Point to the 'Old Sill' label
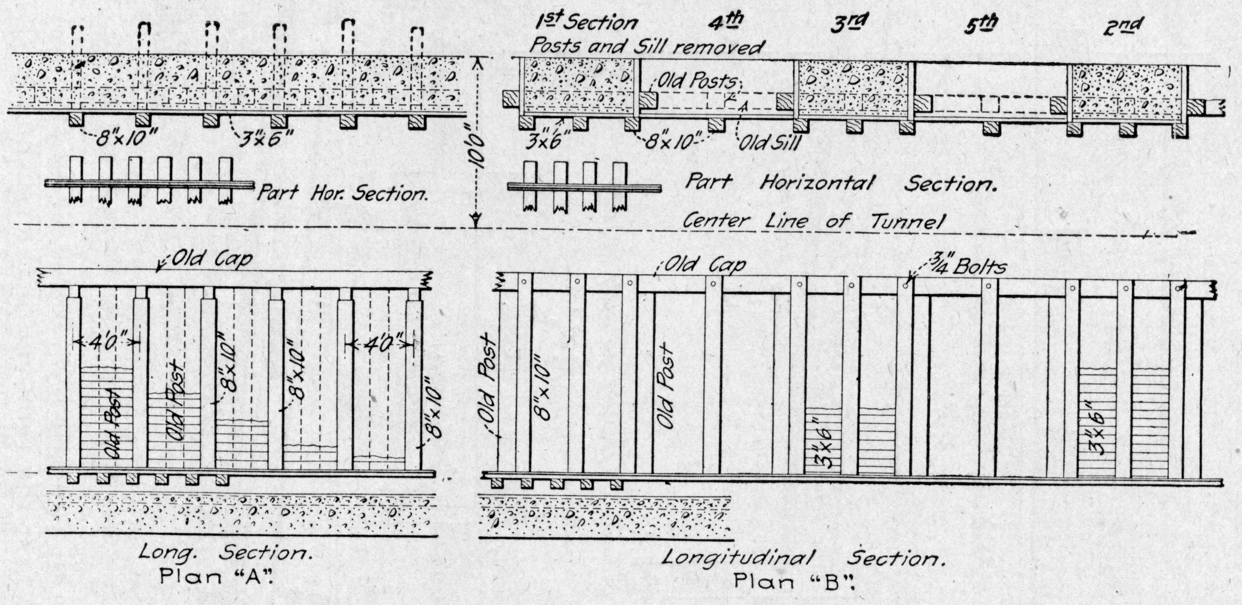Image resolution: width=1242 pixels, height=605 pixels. [x=769, y=143]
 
